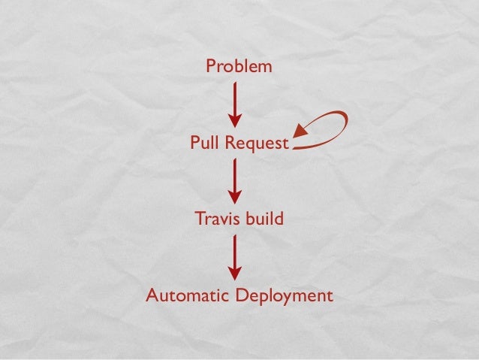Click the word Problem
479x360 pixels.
point(239,67)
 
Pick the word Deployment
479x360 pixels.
point(284,295)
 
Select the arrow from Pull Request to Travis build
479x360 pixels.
point(236,180)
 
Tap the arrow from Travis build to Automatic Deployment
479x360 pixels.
point(236,257)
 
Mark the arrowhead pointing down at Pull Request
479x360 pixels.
point(236,121)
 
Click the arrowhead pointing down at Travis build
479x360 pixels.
point(236,198)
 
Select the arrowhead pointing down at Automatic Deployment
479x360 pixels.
point(236,274)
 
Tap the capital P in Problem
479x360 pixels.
point(211,67)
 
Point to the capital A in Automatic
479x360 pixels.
point(152,295)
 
